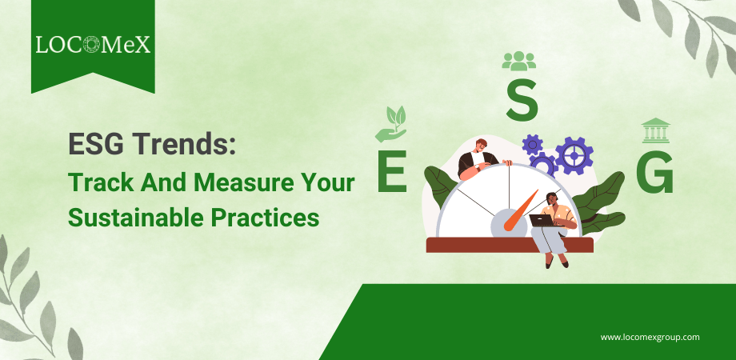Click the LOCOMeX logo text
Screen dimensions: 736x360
[93, 45]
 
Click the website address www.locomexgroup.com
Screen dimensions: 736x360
[650, 337]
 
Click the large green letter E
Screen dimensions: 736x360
[392, 171]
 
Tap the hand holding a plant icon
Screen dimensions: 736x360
[390, 124]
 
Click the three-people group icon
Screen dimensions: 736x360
[518, 61]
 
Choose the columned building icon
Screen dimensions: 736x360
[656, 130]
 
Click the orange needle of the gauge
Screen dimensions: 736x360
[521, 210]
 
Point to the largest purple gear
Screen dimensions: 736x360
[574, 156]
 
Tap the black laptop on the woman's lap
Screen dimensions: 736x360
[542, 220]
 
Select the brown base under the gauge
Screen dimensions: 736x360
[510, 245]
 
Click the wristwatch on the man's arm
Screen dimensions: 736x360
[477, 166]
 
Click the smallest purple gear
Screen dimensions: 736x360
[532, 145]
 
